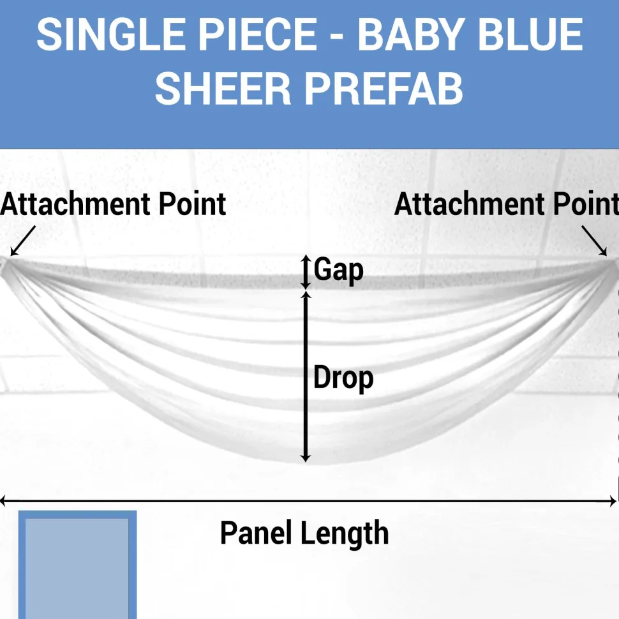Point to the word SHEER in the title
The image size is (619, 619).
point(223,89)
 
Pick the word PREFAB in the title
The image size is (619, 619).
point(384,89)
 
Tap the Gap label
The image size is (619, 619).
point(339,270)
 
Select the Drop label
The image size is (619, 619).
point(343,378)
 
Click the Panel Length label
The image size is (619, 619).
point(304,533)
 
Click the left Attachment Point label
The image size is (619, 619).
point(113,204)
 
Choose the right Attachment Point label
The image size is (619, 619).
point(507,204)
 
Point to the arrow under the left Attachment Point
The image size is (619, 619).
point(23,241)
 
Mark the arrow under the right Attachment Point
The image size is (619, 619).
point(594,241)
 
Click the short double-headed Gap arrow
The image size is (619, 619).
point(306,272)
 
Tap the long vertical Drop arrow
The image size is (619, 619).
point(306,377)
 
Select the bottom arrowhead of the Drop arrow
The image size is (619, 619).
point(306,458)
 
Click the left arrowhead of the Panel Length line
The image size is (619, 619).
point(3,502)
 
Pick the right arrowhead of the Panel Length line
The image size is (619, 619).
point(613,502)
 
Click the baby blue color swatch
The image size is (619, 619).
point(77,565)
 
